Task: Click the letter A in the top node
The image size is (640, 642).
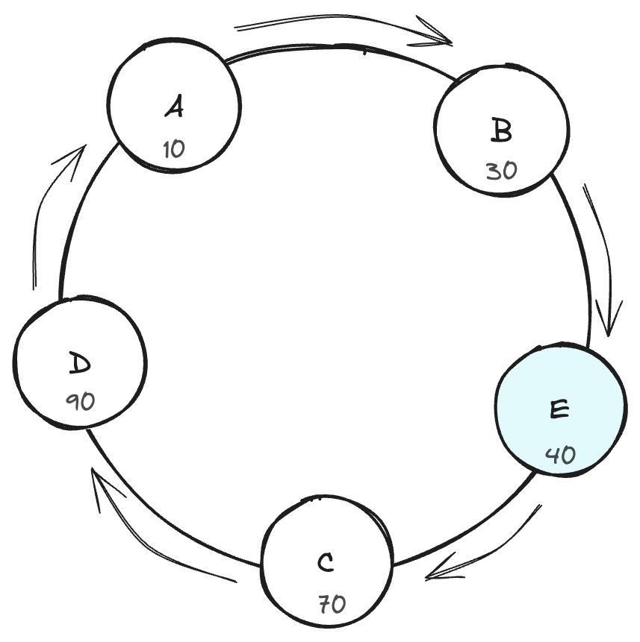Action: (174, 109)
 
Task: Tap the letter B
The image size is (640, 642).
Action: (502, 132)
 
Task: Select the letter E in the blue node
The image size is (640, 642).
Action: (559, 409)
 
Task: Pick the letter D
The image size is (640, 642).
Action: (79, 365)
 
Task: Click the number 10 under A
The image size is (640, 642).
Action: (173, 149)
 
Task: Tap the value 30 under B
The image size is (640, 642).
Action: (501, 171)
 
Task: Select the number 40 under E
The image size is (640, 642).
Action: (560, 454)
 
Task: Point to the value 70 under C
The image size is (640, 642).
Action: (332, 603)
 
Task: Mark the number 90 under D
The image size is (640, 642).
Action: (80, 402)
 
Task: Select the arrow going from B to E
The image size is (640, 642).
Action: (603, 261)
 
